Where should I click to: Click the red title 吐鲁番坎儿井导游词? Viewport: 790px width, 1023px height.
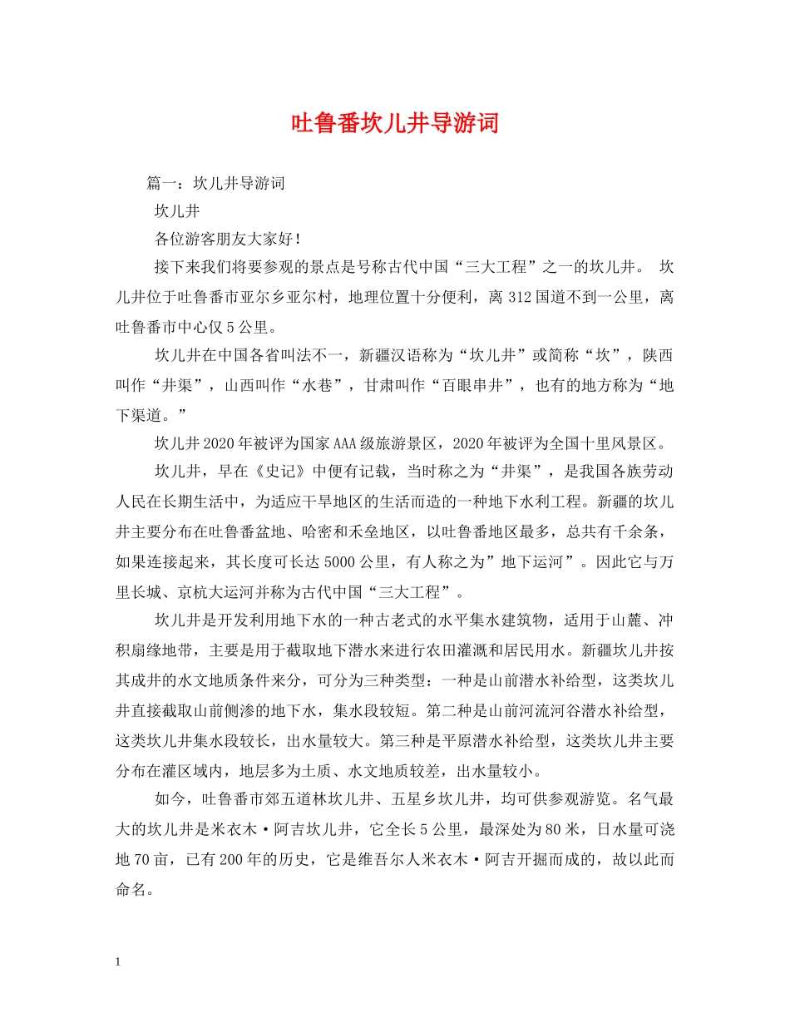tap(395, 124)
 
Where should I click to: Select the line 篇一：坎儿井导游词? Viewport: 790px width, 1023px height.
tap(215, 183)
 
